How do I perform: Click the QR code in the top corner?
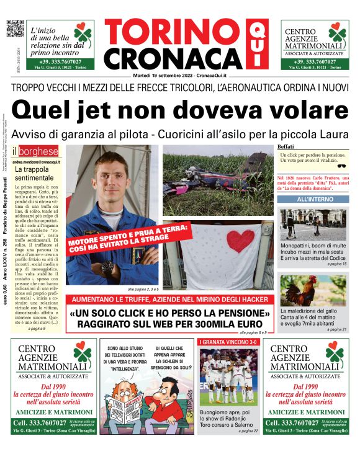14,30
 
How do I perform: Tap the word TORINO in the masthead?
172,32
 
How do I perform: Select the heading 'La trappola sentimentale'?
36,173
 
